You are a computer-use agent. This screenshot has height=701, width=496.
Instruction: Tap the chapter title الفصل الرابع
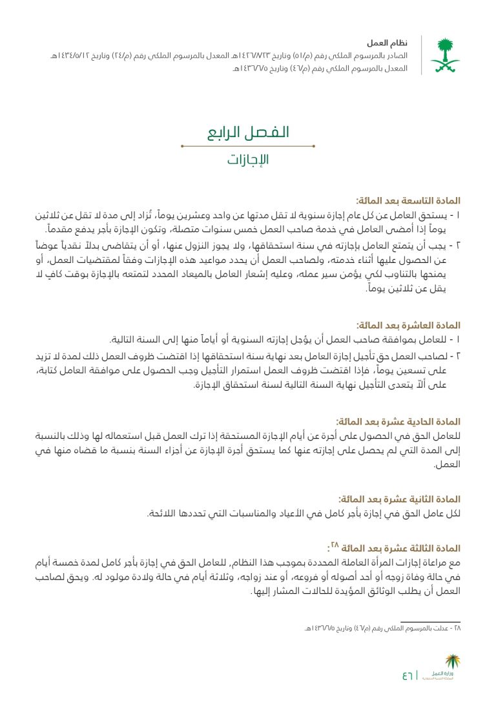click(x=248, y=132)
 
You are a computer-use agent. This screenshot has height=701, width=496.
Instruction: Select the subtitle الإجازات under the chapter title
click(x=248, y=160)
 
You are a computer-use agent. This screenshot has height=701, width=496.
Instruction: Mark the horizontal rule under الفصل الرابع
click(x=248, y=146)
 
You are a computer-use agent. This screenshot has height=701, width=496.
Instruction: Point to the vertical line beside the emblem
click(x=422, y=55)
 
